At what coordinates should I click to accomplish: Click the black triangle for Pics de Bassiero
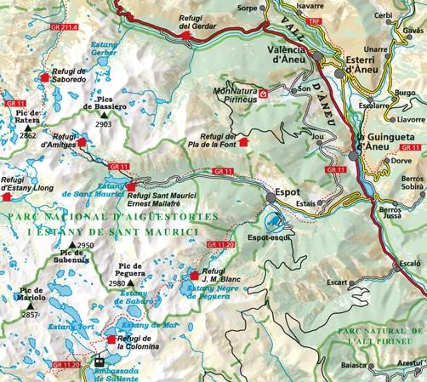tap(104, 113)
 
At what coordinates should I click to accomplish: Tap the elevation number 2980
tap(117, 283)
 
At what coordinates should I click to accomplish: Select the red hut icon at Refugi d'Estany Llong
tap(9, 196)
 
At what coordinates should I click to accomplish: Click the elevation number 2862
tap(28, 135)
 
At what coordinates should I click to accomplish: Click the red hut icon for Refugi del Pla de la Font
tap(247, 142)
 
